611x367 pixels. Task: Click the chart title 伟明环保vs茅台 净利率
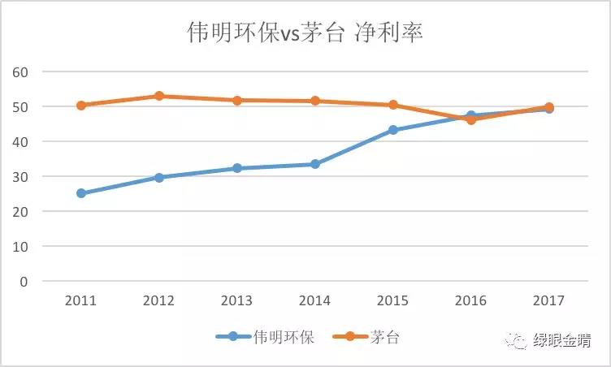click(305, 33)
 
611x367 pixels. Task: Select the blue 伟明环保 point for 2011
click(81, 193)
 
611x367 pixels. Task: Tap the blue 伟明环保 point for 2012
click(159, 177)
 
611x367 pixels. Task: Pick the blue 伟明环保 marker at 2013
click(237, 168)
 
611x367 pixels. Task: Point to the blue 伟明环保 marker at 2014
click(315, 164)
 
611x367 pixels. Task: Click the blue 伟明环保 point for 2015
click(393, 130)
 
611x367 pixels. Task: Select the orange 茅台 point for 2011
click(81, 106)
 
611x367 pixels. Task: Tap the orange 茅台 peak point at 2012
click(159, 96)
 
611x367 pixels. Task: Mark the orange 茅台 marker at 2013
click(237, 101)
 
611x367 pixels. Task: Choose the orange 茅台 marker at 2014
click(315, 101)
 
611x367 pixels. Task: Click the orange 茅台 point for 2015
click(393, 105)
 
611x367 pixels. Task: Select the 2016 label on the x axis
click(471, 300)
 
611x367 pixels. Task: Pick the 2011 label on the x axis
click(81, 300)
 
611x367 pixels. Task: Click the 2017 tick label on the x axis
click(549, 300)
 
